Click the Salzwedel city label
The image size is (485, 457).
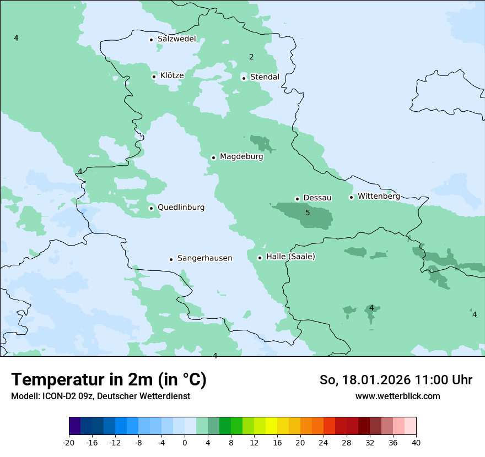[x=176, y=39]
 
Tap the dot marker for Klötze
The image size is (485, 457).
[x=154, y=77]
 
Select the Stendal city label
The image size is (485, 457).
[x=265, y=77]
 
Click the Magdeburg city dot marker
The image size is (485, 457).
[x=213, y=157]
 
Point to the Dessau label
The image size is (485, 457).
[x=317, y=198]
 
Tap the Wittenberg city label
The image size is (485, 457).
[x=379, y=196]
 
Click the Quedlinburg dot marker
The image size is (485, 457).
[x=151, y=208]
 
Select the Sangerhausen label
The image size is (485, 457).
[x=204, y=258]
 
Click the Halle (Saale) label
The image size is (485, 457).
[x=290, y=257]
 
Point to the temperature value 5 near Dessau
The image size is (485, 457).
[x=308, y=213]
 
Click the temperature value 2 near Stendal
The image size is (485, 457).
[x=251, y=57]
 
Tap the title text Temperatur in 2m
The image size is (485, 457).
[x=109, y=380]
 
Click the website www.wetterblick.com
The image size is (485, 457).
[x=397, y=396]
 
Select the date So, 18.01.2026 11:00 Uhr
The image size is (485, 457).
[x=396, y=380]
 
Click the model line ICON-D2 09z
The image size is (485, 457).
[x=100, y=396]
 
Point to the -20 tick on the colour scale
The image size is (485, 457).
[x=69, y=443]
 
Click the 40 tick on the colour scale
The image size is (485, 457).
[x=416, y=443]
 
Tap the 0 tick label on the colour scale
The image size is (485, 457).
[x=185, y=443]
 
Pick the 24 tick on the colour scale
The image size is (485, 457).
[x=324, y=443]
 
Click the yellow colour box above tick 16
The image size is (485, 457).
[x=271, y=426]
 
